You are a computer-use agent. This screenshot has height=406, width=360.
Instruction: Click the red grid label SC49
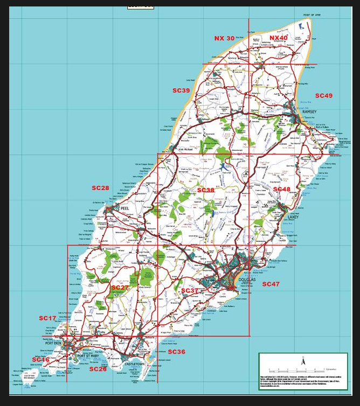coord(323,96)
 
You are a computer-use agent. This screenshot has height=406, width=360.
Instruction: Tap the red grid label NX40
coord(279,38)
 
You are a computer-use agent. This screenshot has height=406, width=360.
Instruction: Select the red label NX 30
coord(224,38)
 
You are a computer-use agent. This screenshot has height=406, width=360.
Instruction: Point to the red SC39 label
coord(181,90)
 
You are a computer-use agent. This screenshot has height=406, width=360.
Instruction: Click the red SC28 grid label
coord(100,188)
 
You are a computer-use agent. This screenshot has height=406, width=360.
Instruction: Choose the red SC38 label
coord(205,190)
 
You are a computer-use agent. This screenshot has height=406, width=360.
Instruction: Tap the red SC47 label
coord(271,284)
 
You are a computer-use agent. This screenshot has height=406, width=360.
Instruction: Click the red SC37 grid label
coord(190,291)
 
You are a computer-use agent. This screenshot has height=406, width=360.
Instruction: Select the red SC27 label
coord(120,288)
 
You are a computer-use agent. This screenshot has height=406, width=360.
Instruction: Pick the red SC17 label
coord(47,318)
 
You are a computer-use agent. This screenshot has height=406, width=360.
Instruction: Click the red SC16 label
coord(40,360)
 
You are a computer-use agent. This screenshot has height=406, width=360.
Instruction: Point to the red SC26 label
coord(98,369)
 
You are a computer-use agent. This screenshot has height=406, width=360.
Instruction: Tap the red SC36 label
coord(176,352)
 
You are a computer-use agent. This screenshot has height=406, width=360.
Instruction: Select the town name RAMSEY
coord(310,111)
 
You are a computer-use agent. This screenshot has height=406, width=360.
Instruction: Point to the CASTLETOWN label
coord(135,365)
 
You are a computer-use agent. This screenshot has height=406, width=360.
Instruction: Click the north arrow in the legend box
coord(302,363)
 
